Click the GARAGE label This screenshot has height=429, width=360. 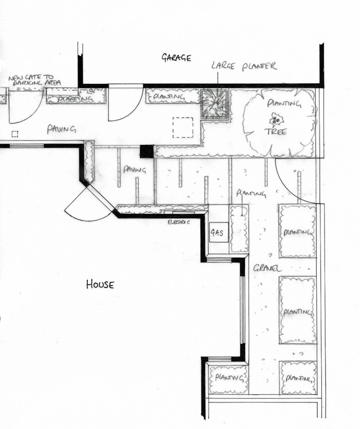click(176, 57)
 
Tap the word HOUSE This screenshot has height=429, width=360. click(100, 284)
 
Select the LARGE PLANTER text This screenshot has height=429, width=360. click(244, 66)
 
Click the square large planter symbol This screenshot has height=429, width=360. click(214, 104)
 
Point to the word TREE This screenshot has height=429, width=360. click(276, 132)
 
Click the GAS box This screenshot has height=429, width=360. click(218, 231)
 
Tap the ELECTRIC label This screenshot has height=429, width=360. click(179, 222)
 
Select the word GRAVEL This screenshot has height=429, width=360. click(267, 269)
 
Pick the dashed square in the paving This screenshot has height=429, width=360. click(183, 127)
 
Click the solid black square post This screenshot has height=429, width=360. click(146, 151)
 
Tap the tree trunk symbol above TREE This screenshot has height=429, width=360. click(276, 119)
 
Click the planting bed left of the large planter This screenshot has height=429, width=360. click(173, 96)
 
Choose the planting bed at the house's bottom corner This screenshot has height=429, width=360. click(228, 379)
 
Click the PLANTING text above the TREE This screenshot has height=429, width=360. click(284, 104)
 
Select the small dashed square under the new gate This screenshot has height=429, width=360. click(15, 133)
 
